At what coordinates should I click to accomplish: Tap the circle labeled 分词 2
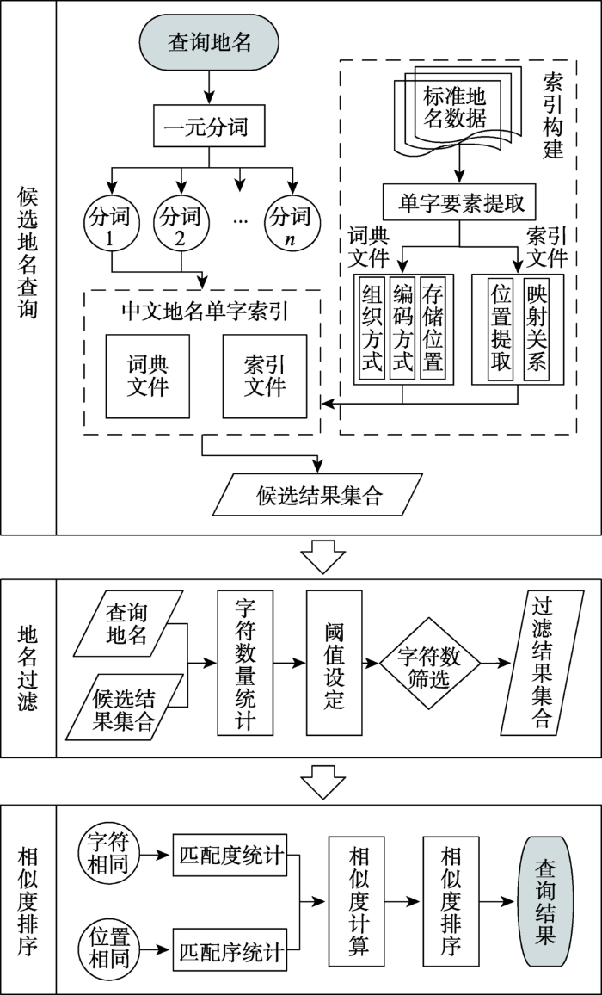(181, 223)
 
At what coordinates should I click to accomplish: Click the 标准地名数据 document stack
(453, 108)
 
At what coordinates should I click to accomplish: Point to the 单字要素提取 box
(460, 203)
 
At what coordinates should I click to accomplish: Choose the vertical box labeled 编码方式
(402, 328)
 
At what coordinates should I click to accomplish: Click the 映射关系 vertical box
(536, 328)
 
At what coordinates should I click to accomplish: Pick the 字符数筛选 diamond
(428, 664)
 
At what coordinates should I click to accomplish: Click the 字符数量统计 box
(245, 663)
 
